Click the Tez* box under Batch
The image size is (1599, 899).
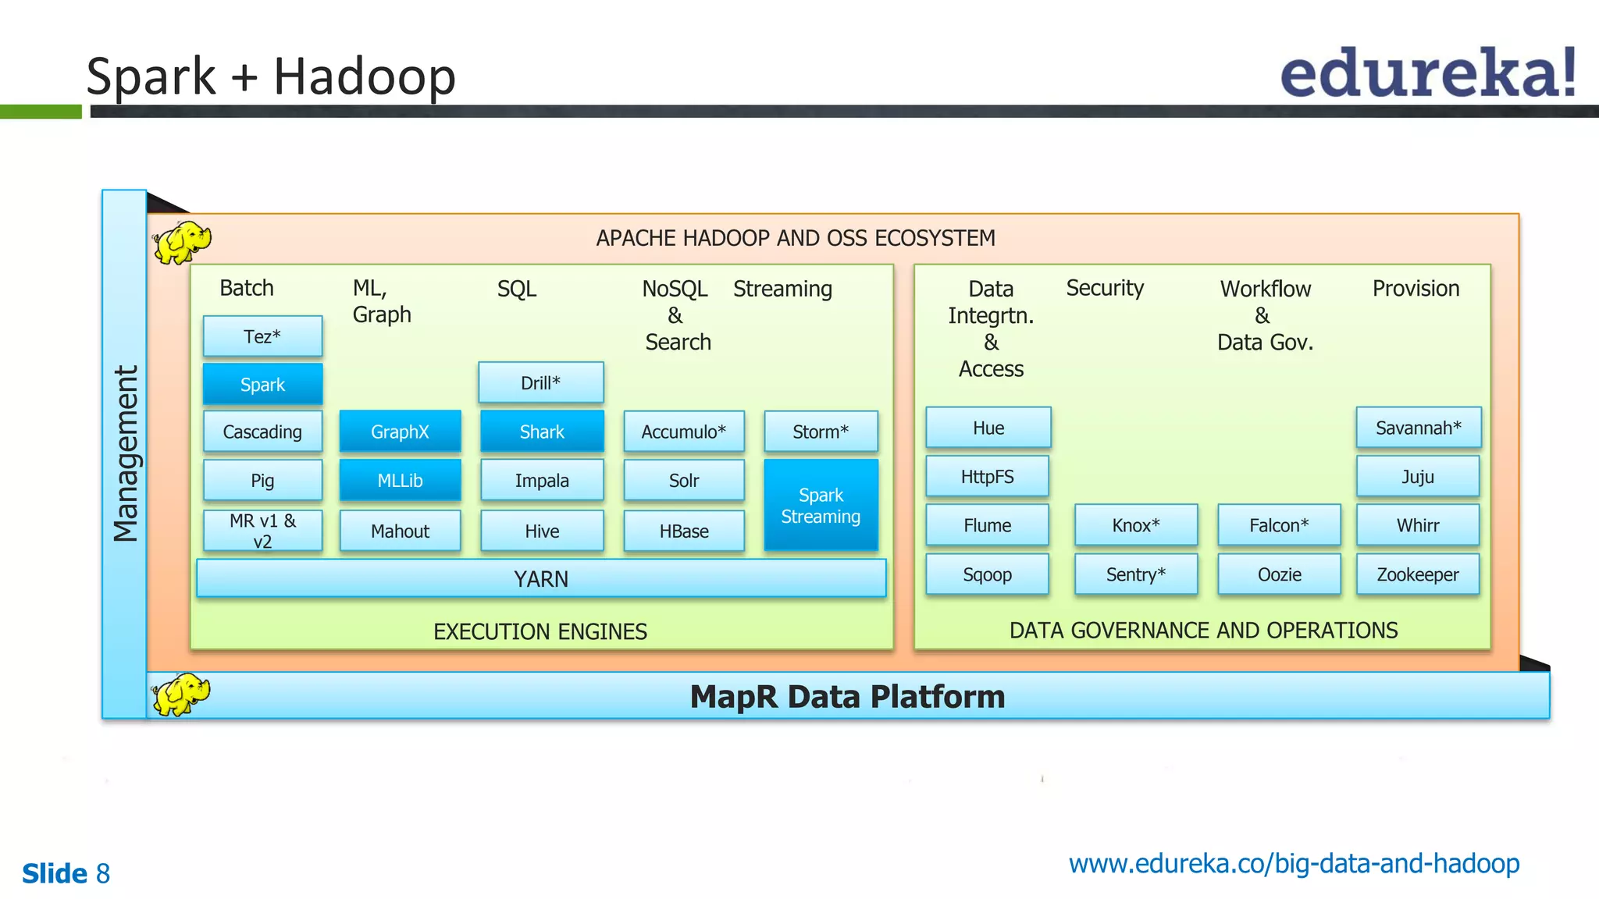pos(262,336)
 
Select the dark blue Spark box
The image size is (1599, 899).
pos(262,385)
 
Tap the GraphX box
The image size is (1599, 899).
pos(400,432)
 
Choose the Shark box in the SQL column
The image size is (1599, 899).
pos(542,432)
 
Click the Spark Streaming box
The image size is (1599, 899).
pos(821,506)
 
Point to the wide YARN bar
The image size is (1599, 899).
pos(541,579)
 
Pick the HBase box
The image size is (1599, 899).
pos(684,531)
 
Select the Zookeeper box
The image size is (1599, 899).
pos(1417,575)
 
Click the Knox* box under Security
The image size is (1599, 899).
pos(1135,525)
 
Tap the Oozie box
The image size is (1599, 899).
pos(1279,575)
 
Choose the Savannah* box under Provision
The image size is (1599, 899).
pos(1418,428)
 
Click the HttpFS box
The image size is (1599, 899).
pos(987,477)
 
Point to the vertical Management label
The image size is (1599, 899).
pos(125,453)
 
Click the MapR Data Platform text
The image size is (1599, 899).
pos(847,697)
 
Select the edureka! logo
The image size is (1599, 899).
pos(1428,73)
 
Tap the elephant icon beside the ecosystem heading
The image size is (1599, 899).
pos(181,241)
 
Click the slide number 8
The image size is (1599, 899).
pos(102,874)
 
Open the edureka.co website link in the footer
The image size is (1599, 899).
pos(1294,864)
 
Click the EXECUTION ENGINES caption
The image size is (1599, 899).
pos(540,631)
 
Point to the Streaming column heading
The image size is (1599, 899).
pos(782,289)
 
